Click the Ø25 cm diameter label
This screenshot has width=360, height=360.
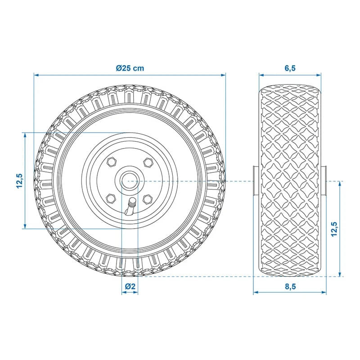coord(130,68)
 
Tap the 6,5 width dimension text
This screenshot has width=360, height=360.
coord(290,68)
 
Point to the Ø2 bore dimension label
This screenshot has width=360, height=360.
coord(130,286)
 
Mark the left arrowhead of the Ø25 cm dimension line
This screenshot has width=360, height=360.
coord(36,75)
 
